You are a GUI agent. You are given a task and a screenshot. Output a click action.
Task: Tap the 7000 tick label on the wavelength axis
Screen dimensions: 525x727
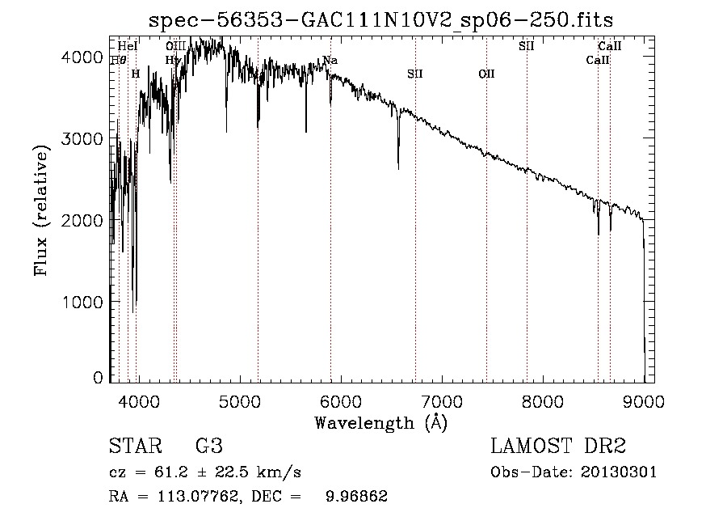(441, 400)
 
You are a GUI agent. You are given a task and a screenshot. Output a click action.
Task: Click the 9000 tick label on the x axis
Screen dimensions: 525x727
(644, 400)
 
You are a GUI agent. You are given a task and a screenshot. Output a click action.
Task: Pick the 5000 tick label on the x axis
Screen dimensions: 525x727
(238, 400)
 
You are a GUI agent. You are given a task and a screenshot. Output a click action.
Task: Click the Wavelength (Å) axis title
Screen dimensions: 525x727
(380, 422)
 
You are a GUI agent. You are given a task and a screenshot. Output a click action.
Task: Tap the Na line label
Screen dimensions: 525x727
(330, 60)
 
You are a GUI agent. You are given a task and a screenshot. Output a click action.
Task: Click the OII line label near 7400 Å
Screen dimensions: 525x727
(486, 74)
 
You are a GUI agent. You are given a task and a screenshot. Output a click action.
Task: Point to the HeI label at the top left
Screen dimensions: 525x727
(127, 46)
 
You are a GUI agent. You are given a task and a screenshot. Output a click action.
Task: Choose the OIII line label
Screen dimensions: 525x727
(176, 46)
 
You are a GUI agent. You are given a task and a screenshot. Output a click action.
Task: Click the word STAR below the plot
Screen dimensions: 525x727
(133, 447)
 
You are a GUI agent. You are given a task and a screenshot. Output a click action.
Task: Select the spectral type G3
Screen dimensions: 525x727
(208, 447)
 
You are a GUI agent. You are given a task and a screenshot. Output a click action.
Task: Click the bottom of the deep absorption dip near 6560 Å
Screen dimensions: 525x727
(398, 168)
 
